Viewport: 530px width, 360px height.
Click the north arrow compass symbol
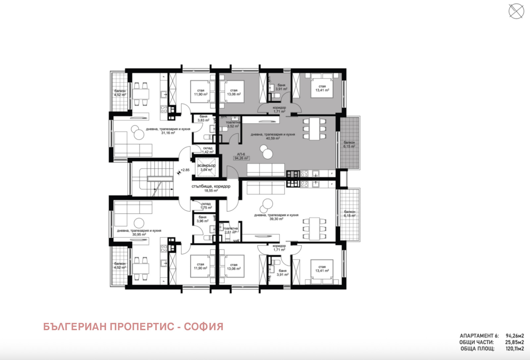click(516, 11)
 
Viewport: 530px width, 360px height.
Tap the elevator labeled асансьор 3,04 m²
click(206, 168)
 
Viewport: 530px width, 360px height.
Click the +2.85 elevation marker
click(185, 170)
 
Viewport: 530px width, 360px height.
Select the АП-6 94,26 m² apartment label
click(241, 156)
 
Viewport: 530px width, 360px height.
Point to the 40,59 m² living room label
click(273, 137)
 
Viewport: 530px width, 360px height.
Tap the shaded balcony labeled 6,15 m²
click(349, 144)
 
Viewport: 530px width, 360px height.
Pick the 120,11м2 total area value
click(514, 349)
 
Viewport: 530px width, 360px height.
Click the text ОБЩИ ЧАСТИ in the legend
click(476, 342)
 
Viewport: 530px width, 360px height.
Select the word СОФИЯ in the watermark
click(203, 327)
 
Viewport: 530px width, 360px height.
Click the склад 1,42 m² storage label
click(208, 150)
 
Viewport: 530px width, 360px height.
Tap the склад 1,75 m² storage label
click(206, 206)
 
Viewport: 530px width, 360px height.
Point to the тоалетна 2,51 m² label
click(231, 230)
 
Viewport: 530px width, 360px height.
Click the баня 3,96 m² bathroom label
click(202, 219)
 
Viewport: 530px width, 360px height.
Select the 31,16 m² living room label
click(168, 131)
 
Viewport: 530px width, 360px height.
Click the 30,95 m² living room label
click(139, 232)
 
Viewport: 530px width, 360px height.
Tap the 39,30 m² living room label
click(276, 217)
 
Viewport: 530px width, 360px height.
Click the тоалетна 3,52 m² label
click(233, 124)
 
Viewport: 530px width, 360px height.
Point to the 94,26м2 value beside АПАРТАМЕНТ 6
click(514, 336)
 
